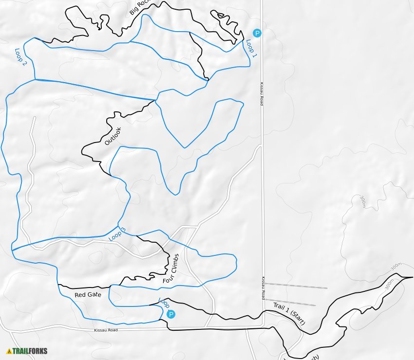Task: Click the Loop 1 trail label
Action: (251, 49)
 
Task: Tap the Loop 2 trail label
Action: (20, 57)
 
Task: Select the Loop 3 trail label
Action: (117, 234)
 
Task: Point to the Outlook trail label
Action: (113, 136)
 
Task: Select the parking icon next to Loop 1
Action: (257, 33)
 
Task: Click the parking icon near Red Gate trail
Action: (171, 314)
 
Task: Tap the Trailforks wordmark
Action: (30, 351)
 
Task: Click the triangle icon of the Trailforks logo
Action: (9, 351)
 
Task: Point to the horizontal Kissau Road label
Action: (106, 330)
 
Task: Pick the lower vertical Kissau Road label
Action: (263, 288)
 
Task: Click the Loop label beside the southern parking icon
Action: (164, 303)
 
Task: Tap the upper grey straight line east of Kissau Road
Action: (297, 286)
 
